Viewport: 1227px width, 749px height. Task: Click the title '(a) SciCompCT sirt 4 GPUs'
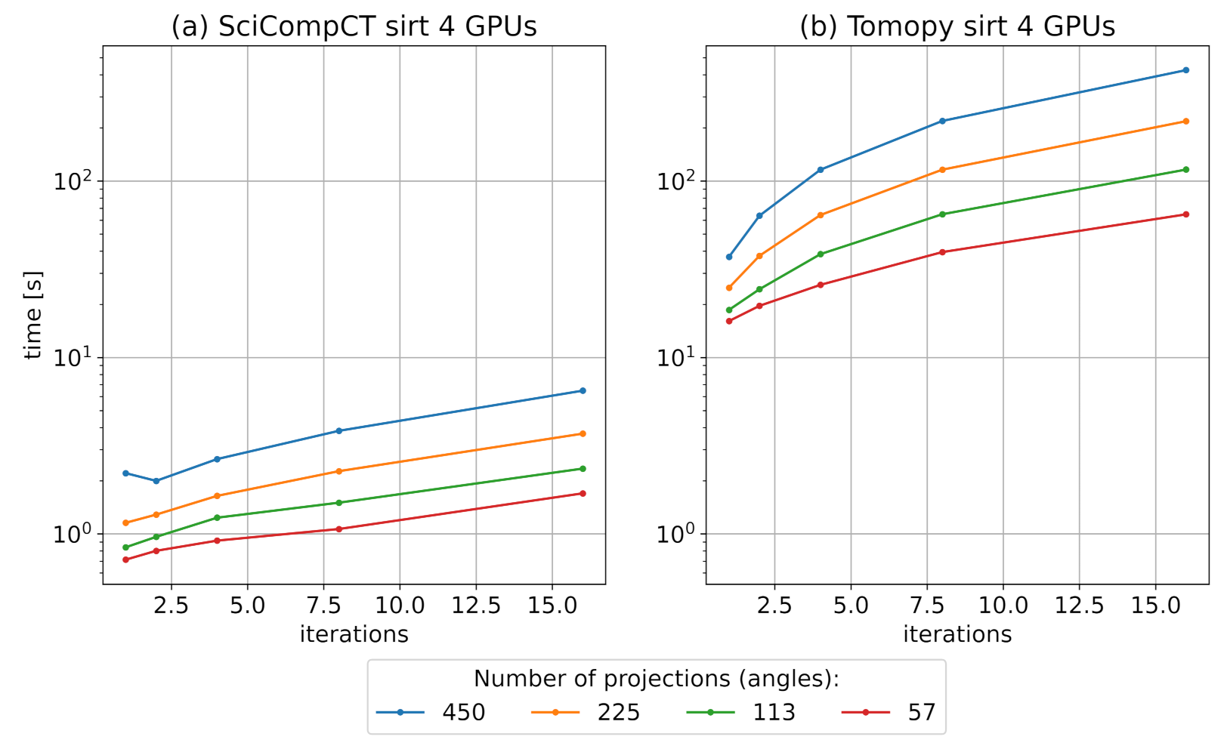coord(354,26)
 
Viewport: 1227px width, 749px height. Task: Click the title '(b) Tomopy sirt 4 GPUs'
coord(957,26)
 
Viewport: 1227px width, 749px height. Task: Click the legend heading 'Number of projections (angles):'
coord(656,679)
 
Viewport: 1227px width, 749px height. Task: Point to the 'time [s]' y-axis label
coord(32,315)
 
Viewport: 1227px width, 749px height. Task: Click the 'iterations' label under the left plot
coord(354,634)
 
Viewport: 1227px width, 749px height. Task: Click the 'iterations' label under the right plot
coord(957,634)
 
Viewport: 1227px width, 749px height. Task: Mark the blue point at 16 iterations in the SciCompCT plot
coord(583,391)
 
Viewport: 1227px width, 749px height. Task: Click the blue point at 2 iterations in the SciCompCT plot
coord(156,481)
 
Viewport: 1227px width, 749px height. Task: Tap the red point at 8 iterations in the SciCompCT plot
coord(338,529)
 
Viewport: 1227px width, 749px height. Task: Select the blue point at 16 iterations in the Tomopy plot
coord(1185,70)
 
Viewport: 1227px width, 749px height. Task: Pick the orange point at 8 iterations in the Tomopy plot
coord(942,170)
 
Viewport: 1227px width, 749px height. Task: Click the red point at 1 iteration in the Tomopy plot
coord(729,322)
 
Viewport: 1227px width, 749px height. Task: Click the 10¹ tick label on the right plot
coord(675,356)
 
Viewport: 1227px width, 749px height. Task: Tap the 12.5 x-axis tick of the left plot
coord(476,606)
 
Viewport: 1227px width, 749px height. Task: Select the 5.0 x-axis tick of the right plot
coord(851,606)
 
